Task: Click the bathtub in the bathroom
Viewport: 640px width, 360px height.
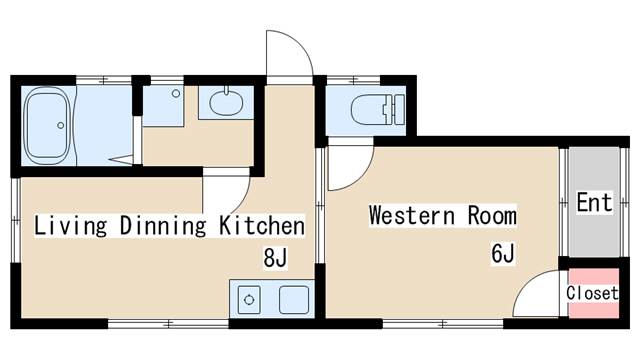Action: pyautogui.click(x=48, y=125)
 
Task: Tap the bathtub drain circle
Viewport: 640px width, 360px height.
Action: pyautogui.click(x=61, y=125)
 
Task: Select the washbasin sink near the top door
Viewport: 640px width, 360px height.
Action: pyautogui.click(x=226, y=102)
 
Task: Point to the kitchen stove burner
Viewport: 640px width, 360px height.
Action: pyautogui.click(x=249, y=300)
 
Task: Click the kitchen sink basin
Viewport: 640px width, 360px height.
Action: pyautogui.click(x=294, y=300)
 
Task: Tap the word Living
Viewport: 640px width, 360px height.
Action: pyautogui.click(x=71, y=226)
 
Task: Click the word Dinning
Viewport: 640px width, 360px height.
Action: pyautogui.click(x=163, y=226)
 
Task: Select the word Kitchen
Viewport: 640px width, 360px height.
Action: pyautogui.click(x=262, y=226)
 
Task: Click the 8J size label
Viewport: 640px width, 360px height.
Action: pyautogui.click(x=276, y=257)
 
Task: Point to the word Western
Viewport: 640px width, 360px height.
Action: pyautogui.click(x=412, y=215)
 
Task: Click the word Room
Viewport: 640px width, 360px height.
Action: pyautogui.click(x=492, y=215)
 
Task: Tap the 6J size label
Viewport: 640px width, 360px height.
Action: pyautogui.click(x=503, y=253)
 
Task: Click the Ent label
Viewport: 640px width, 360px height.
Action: pyautogui.click(x=595, y=202)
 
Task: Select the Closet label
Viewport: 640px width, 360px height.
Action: pyautogui.click(x=592, y=293)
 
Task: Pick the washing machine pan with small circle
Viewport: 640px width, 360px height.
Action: pyautogui.click(x=163, y=106)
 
